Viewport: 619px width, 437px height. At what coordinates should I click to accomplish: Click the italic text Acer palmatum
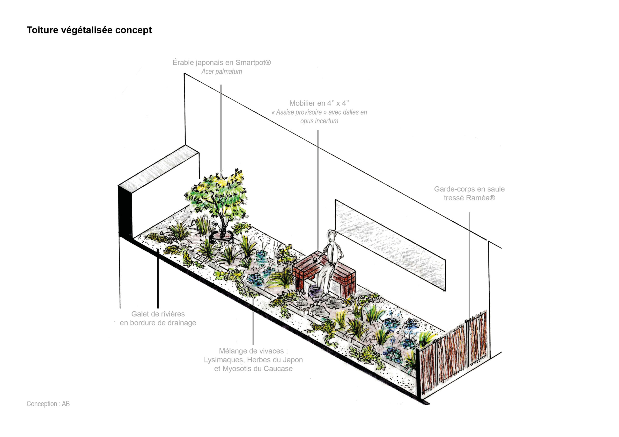tap(222, 72)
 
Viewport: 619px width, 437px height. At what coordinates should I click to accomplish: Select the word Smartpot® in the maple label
tap(253, 63)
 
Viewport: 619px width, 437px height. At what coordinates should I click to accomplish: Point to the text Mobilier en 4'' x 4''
tap(319, 103)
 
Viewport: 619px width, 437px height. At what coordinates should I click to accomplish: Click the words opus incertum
tap(319, 121)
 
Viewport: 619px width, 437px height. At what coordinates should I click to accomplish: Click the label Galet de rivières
tap(158, 314)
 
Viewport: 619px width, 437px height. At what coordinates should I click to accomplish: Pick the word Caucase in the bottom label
tap(278, 369)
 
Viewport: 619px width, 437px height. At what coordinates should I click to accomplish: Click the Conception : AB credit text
tap(48, 404)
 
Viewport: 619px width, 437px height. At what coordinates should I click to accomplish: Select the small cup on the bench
tap(314, 260)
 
